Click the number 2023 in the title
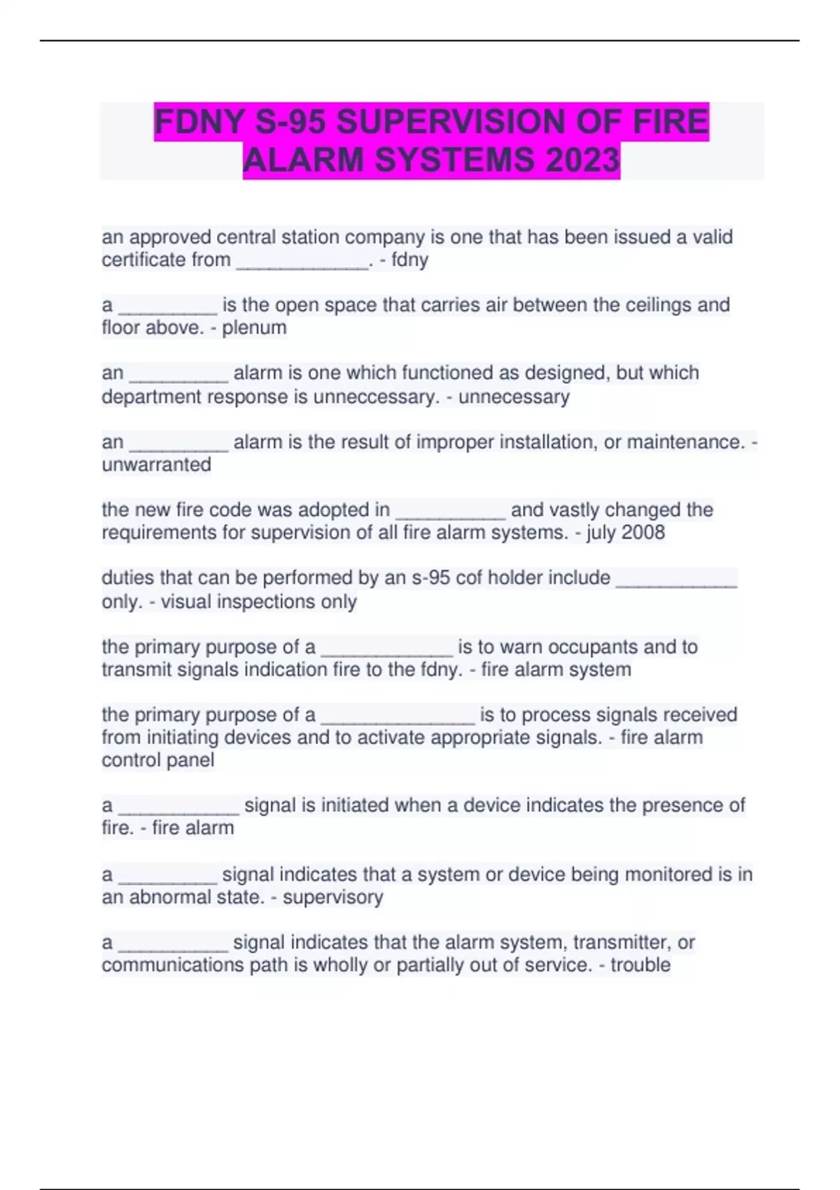tap(582, 160)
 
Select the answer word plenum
tap(254, 328)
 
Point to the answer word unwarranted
tap(156, 465)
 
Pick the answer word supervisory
tap(332, 897)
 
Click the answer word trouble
tap(640, 965)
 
